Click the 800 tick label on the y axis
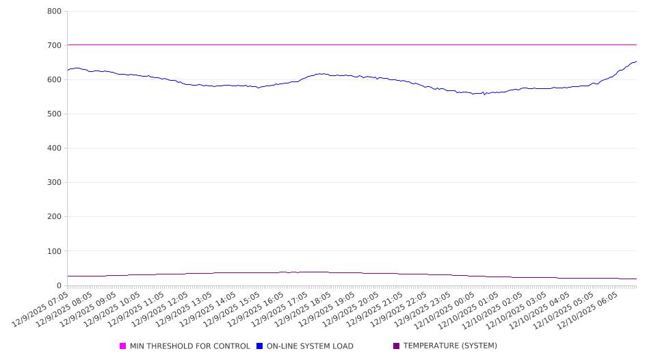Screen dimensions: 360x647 click(55, 12)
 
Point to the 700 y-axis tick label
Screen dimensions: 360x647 click(55, 46)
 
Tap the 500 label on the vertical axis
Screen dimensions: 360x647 click(55, 114)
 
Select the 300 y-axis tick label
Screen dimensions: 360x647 click(55, 183)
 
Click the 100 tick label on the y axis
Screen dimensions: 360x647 click(55, 251)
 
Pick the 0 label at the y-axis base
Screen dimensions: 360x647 click(60, 285)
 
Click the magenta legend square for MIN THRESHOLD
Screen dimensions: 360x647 click(123, 346)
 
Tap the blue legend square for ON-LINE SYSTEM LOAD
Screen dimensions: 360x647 click(260, 346)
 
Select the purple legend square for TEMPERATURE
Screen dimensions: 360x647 click(397, 346)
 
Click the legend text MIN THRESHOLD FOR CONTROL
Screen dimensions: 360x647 click(189, 346)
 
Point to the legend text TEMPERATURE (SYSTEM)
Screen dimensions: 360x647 click(450, 346)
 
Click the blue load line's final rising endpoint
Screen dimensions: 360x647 click(636, 62)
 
